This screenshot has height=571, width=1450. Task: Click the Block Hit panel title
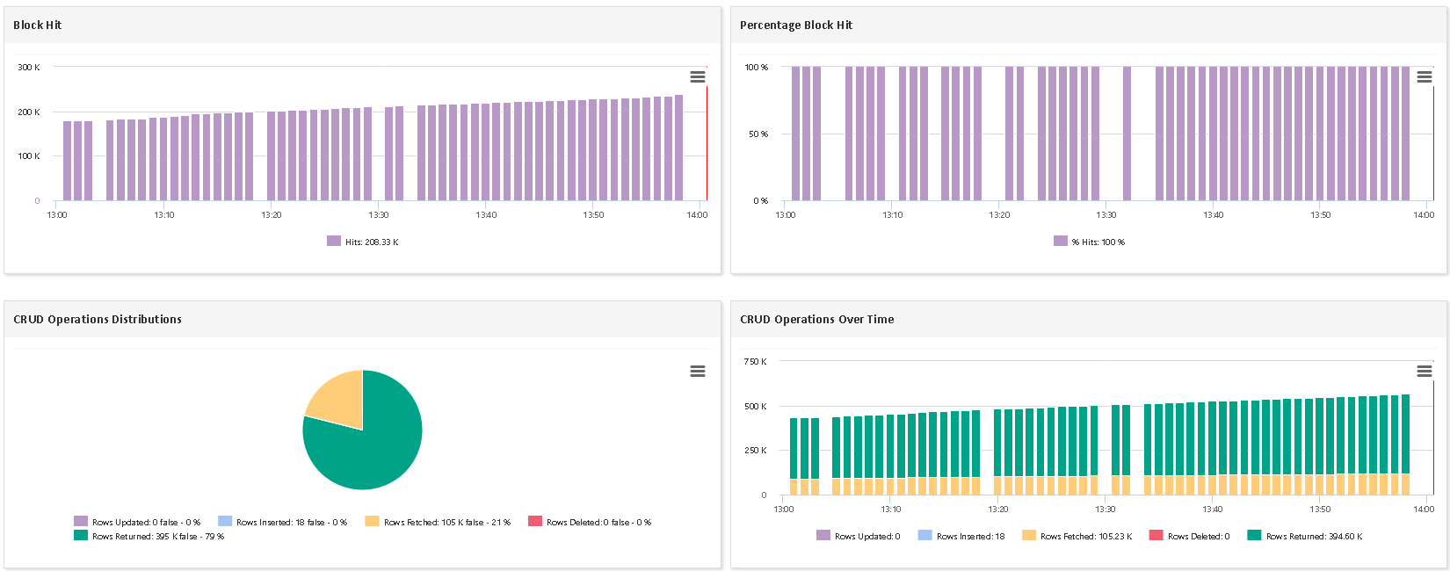pos(38,25)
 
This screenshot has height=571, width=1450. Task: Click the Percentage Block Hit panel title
pos(795,25)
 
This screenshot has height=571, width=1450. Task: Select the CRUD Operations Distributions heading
pos(98,320)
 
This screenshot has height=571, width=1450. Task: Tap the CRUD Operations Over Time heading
pos(816,320)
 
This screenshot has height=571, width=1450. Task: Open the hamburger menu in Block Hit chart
pos(698,77)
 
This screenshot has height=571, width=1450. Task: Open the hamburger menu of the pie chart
pos(698,372)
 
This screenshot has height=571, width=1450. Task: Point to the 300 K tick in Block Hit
pos(29,68)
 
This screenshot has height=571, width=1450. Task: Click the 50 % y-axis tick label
pos(758,134)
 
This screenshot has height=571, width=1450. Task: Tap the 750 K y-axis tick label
pos(755,362)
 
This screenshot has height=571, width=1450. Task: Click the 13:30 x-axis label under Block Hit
pos(378,215)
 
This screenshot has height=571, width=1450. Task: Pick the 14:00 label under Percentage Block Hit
pos(1424,215)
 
